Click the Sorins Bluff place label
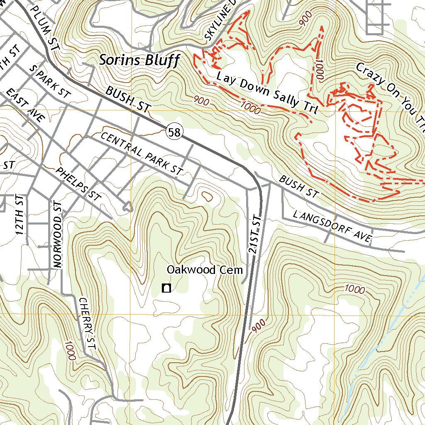click(x=139, y=61)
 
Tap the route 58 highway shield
click(x=174, y=132)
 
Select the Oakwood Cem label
click(x=204, y=270)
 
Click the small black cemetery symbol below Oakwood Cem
click(x=166, y=288)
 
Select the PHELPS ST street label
click(x=79, y=184)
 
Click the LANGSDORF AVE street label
click(x=332, y=227)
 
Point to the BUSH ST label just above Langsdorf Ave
click(x=298, y=187)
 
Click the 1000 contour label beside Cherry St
click(x=70, y=350)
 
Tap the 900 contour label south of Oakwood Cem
click(x=257, y=326)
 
